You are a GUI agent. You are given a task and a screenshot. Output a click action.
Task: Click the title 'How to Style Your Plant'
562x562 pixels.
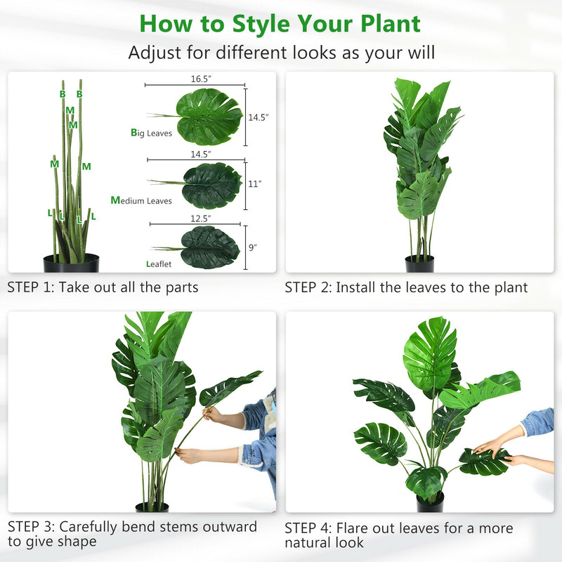280,22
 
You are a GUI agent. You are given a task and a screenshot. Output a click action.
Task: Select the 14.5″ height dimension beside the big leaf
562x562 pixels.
256,118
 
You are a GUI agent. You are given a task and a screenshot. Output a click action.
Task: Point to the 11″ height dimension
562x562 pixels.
254,184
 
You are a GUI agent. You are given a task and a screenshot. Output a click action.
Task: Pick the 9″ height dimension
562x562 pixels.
252,247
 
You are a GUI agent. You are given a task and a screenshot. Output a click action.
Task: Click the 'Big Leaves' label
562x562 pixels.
151,133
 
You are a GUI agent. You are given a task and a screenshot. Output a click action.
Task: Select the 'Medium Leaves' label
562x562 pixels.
141,201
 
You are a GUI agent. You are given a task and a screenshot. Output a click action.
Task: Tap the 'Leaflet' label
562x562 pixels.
158,264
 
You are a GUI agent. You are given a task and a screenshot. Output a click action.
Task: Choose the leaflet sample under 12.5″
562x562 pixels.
209,247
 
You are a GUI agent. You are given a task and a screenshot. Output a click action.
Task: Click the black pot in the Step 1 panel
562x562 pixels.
71,264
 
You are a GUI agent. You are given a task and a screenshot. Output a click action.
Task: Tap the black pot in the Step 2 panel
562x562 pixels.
419,264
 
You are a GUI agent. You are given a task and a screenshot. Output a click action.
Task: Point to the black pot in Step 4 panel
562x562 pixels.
430,502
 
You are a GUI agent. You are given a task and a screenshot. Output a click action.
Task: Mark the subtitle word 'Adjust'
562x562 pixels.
151,53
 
